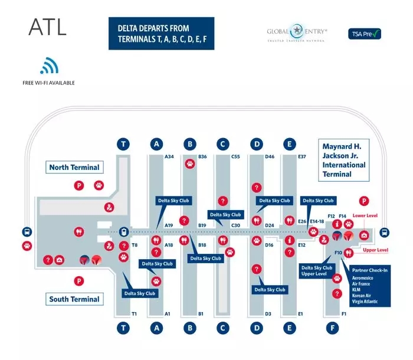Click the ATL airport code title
[48, 27]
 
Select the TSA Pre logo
[365, 34]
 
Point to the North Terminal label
[74, 168]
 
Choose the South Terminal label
[74, 299]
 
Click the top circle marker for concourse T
[123, 144]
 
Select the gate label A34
[169, 156]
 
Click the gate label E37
[302, 156]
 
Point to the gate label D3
[268, 313]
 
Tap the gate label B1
[201, 313]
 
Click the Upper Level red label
[375, 250]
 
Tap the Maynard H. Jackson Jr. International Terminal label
[344, 159]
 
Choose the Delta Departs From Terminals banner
[161, 33]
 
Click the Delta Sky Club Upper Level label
[316, 271]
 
